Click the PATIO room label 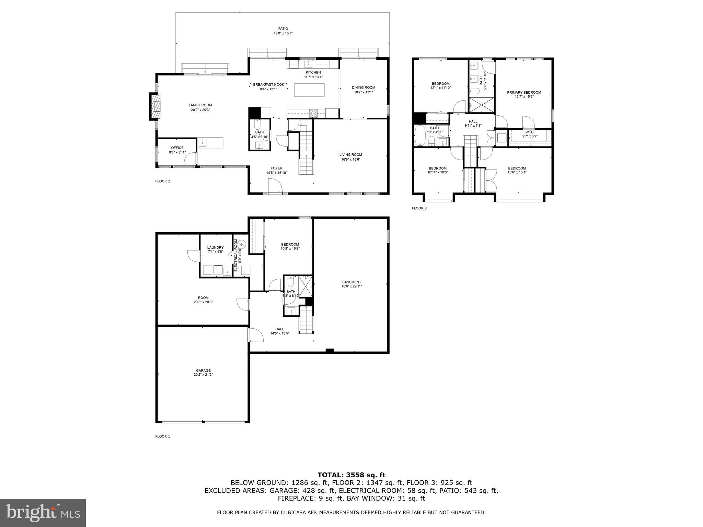[283, 29]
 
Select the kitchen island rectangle [309, 90]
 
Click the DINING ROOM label [364, 87]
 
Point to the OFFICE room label [177, 148]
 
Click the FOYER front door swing [275, 187]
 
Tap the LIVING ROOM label [350, 155]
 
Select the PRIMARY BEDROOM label [524, 92]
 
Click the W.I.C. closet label [530, 132]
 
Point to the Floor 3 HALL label [473, 121]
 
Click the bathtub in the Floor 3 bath [420, 136]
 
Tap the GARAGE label [203, 371]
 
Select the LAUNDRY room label [215, 247]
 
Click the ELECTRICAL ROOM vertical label [236, 255]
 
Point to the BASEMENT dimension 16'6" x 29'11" [351, 286]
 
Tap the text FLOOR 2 [162, 181]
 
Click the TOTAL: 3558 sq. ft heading [351, 475]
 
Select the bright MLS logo [43, 513]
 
